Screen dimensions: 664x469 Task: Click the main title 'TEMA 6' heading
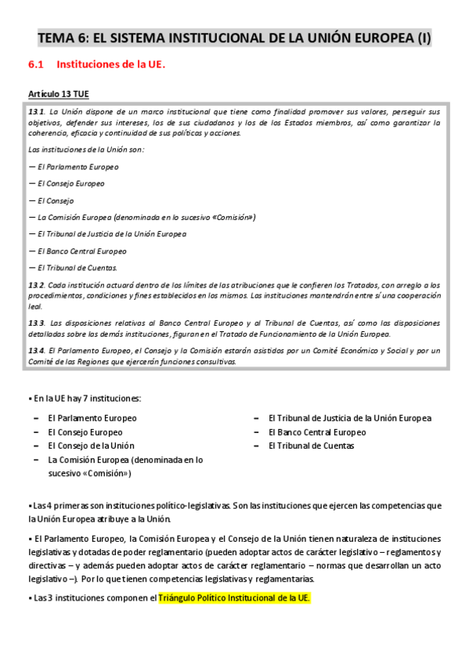(235, 38)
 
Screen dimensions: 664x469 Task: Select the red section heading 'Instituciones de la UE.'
(111, 65)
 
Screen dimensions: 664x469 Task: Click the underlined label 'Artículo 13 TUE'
(59, 94)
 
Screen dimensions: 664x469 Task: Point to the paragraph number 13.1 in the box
(36, 111)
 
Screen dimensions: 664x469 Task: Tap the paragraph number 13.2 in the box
(36, 284)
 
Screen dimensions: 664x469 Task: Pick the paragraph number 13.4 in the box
(36, 350)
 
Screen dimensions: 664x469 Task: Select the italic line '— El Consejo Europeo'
(66, 183)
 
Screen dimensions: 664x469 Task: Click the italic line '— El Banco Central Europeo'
(77, 251)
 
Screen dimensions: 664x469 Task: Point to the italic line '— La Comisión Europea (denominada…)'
(141, 217)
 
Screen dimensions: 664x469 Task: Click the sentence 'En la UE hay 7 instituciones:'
(86, 399)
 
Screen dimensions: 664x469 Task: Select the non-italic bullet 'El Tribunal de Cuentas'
(311, 446)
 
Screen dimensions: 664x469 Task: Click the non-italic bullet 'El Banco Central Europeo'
(316, 431)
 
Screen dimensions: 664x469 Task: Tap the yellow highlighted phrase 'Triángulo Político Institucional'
(234, 598)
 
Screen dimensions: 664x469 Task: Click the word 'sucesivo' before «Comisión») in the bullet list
(65, 473)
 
